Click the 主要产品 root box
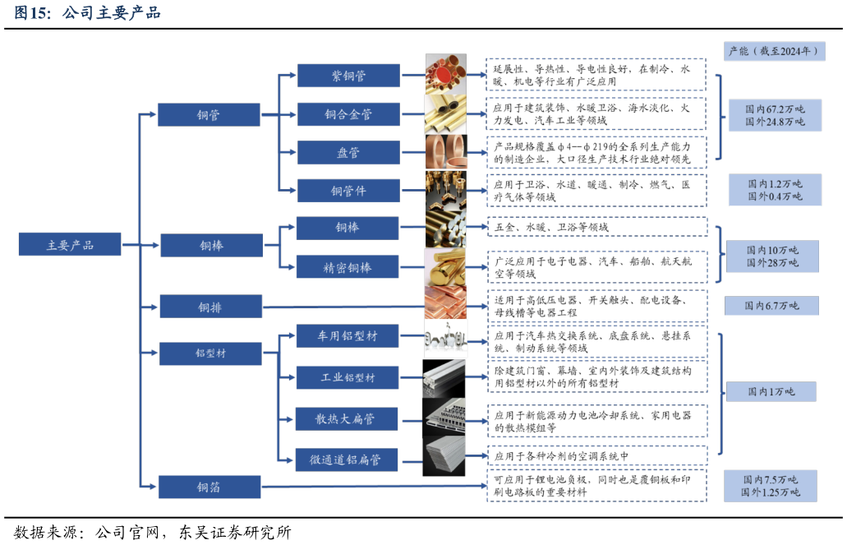pos(70,244)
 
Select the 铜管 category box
pos(209,114)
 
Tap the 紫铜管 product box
pos(348,76)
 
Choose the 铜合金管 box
pos(348,114)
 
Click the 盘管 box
pos(348,153)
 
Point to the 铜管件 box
pos(348,191)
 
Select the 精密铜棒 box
pos(347,267)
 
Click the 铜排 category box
pos(210,307)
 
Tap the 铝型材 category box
pos(210,353)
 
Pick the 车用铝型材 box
pos(347,335)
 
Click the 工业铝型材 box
pos(347,377)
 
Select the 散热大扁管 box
pos(347,418)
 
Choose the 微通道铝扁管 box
pos(347,460)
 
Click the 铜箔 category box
pos(209,487)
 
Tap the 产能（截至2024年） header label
pos(774,51)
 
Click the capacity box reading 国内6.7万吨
pos(771,306)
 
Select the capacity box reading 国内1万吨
pos(771,391)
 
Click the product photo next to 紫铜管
pos(445,74)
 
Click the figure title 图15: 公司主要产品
pos(87,13)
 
